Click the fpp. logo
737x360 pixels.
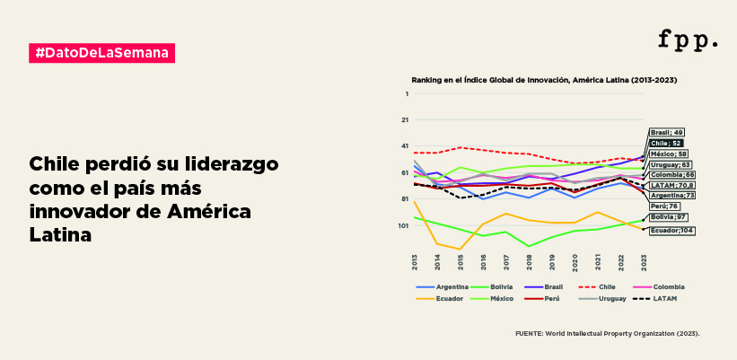[688, 40]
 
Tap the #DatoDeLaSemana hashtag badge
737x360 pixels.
[101, 53]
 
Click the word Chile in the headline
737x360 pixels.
[59, 167]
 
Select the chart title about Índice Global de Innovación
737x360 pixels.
[544, 80]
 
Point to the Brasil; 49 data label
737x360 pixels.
[667, 132]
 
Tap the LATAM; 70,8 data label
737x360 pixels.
[671, 185]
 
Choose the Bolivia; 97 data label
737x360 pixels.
[669, 216]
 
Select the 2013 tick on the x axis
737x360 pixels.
[416, 262]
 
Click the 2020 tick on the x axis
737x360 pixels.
[575, 262]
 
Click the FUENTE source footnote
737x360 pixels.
[607, 332]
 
